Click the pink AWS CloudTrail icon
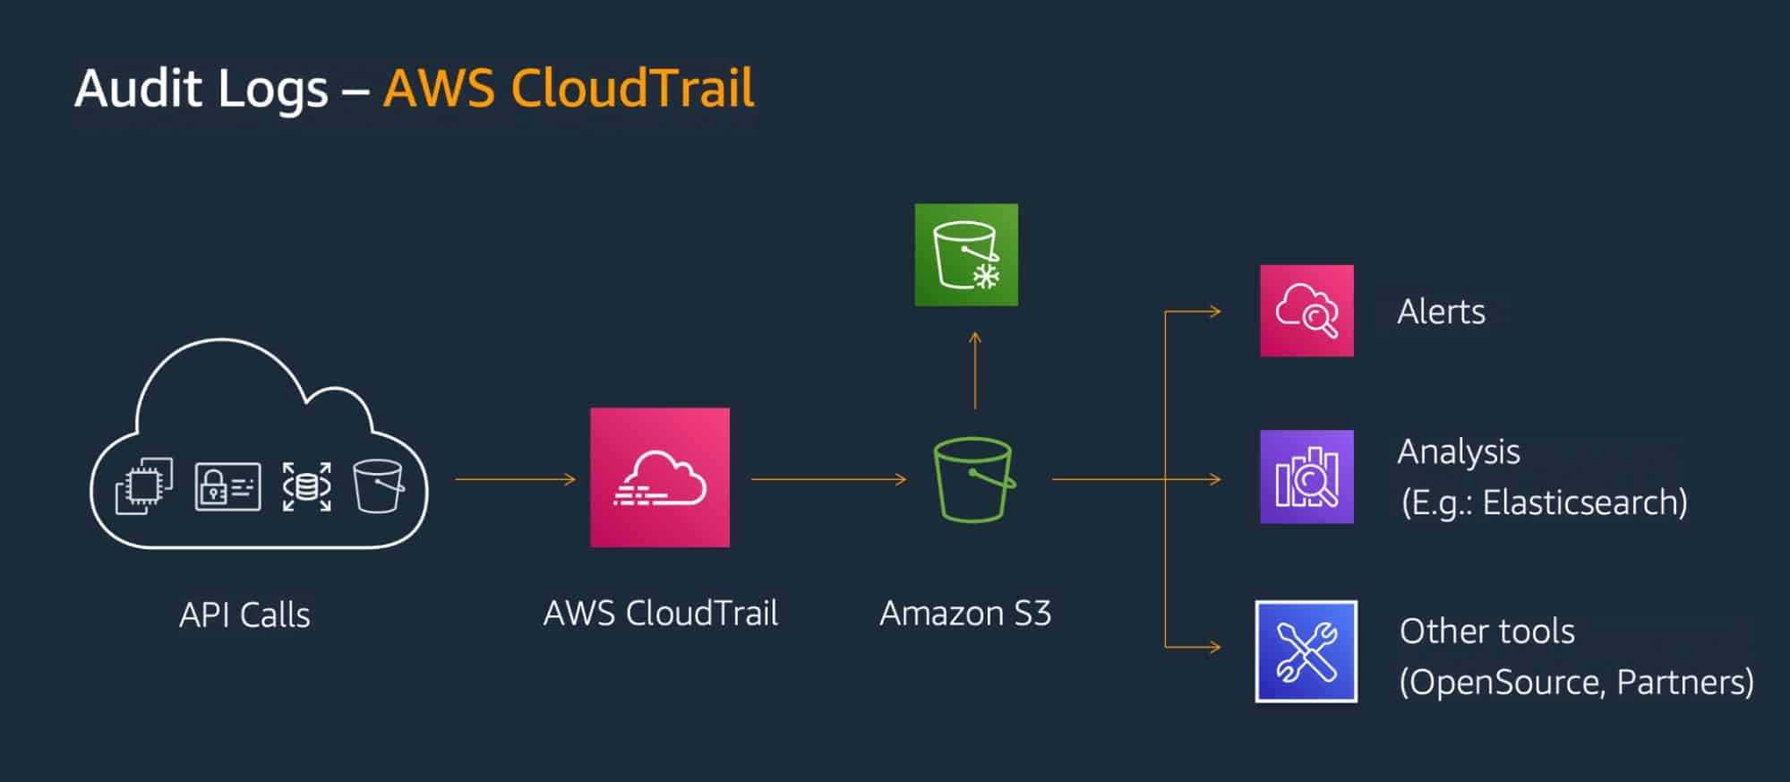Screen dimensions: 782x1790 660,477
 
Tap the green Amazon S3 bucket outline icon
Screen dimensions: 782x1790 973,479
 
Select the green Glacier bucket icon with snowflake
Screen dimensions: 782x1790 966,254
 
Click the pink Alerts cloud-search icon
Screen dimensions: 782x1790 1306,310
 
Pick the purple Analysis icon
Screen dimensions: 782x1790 1306,477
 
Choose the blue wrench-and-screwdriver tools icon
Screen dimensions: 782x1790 1306,651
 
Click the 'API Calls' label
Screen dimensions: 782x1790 244,615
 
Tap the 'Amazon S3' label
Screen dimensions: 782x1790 965,614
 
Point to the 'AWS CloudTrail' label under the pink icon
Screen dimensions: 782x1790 661,614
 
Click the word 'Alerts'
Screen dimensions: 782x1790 1441,312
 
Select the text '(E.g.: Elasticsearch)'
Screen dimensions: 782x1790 1544,503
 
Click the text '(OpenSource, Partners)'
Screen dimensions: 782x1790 1576,683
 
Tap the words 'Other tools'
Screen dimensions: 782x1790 1486,632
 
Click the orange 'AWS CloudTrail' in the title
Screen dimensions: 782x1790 569,89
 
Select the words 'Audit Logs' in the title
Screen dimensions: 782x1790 201,89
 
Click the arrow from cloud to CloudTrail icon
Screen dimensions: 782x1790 515,479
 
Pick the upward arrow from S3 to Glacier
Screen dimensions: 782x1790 975,370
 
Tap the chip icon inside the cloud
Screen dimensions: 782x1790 144,486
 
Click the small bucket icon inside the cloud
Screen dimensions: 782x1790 378,486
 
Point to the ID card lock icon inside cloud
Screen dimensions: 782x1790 227,486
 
